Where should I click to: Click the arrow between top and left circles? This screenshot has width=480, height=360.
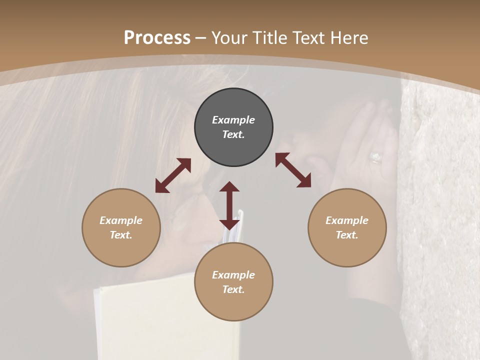[173, 175]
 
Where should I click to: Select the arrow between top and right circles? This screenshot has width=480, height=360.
[293, 170]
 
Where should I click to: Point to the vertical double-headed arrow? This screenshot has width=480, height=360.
[229, 205]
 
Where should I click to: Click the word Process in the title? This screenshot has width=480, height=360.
[157, 37]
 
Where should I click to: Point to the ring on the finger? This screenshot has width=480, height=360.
[375, 158]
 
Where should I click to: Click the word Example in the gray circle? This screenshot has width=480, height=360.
[233, 120]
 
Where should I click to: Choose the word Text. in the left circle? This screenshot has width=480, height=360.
[121, 235]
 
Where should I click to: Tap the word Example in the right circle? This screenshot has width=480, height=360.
[347, 220]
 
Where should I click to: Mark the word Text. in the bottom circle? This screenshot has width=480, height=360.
[233, 289]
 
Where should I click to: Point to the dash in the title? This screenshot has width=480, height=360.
[201, 37]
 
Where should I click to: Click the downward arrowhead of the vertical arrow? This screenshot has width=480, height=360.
[229, 223]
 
